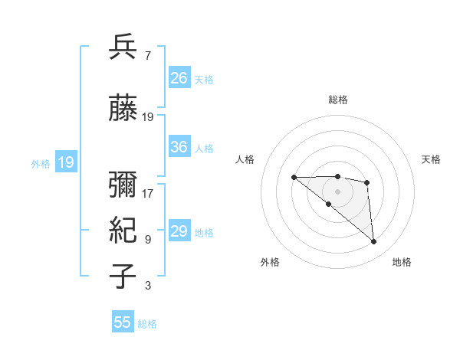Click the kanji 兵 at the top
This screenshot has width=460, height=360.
[x=123, y=47]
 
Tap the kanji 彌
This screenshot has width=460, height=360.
[x=123, y=183]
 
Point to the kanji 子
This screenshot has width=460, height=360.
[x=123, y=277]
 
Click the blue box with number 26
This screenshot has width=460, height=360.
[x=179, y=77]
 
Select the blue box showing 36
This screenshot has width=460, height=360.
[x=179, y=147]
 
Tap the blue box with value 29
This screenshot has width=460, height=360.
[x=179, y=231]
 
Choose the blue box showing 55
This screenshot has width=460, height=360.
[x=123, y=322]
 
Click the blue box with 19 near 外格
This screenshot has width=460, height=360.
[x=65, y=162]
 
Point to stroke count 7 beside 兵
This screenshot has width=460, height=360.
[x=147, y=56]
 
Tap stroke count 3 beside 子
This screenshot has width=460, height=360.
[x=147, y=286]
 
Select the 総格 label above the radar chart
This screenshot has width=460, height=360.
[x=338, y=100]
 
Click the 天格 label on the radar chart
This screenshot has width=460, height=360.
[x=431, y=159]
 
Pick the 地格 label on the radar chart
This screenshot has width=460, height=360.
[x=402, y=262]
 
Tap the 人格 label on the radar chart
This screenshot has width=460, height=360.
[x=245, y=159]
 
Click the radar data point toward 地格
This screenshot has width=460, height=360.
[x=373, y=242]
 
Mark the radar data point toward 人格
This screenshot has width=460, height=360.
[x=294, y=177]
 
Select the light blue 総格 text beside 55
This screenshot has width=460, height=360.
[x=147, y=324]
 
